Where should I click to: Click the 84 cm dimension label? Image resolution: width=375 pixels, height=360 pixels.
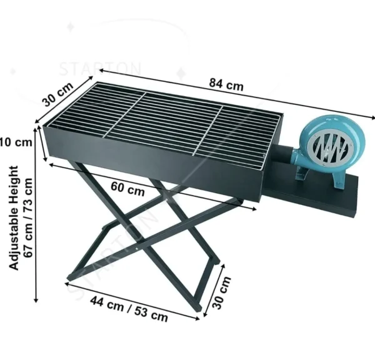[x=225, y=85]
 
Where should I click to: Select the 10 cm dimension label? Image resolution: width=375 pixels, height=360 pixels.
[x=16, y=142]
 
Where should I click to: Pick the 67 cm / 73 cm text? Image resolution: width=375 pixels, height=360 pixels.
[x=28, y=216]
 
